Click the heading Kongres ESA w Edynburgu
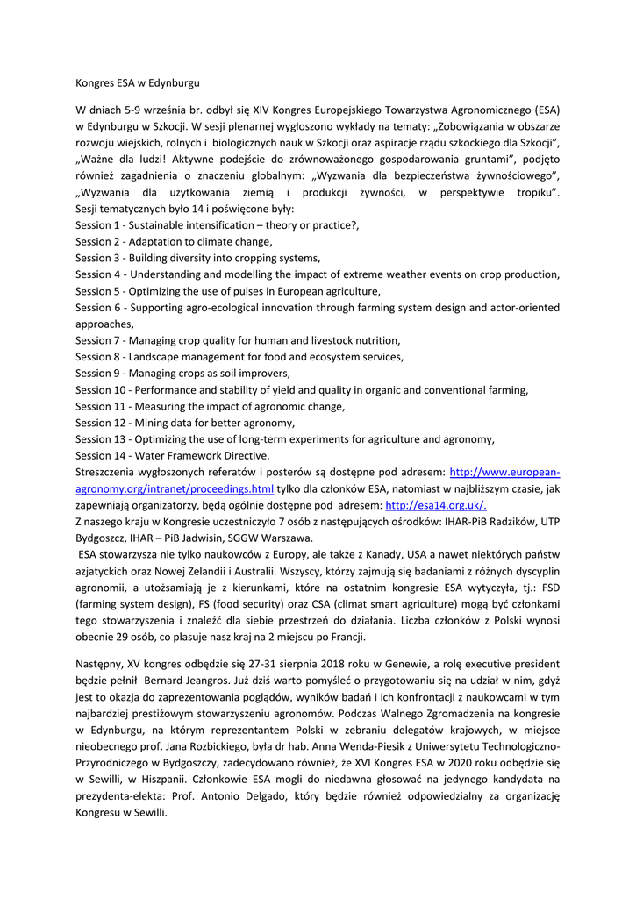(138, 83)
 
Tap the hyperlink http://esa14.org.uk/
(436, 505)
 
